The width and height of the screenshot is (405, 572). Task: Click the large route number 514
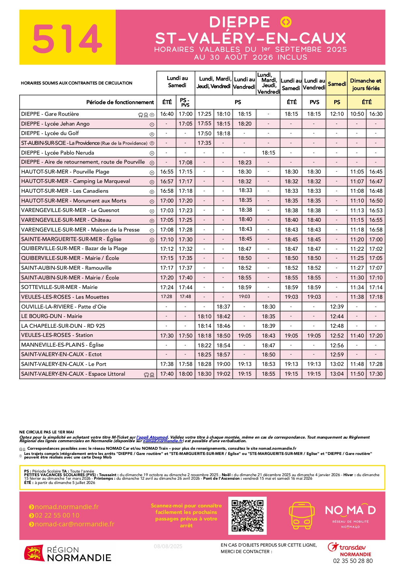(x=67, y=38)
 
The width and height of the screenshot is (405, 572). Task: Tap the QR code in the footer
(x=247, y=516)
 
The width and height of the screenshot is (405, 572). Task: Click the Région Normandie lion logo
(x=34, y=553)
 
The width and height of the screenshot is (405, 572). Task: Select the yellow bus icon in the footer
(x=302, y=515)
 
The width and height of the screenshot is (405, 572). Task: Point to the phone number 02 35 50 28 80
(x=353, y=561)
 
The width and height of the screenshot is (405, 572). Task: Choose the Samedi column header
(x=337, y=84)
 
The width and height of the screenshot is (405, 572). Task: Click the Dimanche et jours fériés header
(x=366, y=84)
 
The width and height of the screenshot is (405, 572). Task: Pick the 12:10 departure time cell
(x=337, y=114)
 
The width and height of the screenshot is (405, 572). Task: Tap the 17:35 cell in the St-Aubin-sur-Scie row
(x=204, y=143)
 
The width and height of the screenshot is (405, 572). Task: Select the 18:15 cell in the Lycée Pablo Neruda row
(x=268, y=153)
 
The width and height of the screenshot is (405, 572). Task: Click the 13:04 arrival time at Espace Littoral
(x=337, y=374)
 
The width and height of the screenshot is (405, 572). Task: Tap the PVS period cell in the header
(x=314, y=102)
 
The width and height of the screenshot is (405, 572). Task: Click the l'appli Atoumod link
(x=152, y=437)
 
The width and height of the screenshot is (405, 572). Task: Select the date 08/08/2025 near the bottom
(x=168, y=546)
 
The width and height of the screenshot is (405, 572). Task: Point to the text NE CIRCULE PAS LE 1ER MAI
(x=47, y=432)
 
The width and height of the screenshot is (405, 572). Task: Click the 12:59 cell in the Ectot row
(x=337, y=354)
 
